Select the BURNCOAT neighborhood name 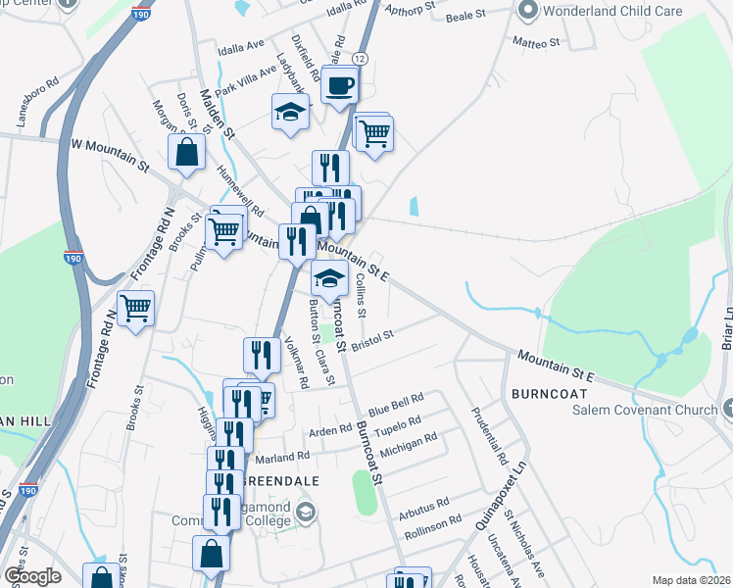(548, 392)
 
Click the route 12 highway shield (361, 60)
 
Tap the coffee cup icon (339, 85)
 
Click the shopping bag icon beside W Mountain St (186, 154)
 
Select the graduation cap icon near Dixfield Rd (290, 113)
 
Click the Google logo (32, 576)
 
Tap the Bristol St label (372, 336)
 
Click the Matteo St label (535, 43)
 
